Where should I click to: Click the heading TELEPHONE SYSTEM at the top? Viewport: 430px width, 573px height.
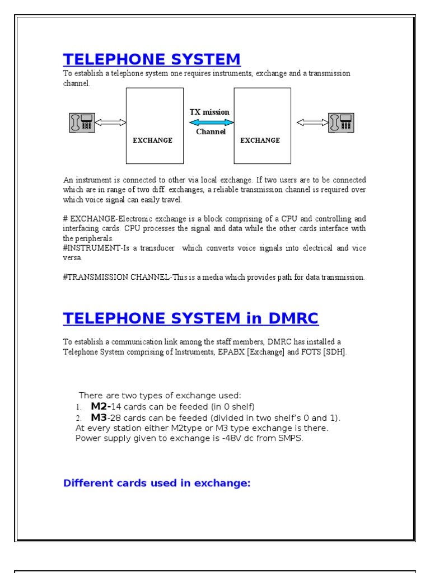152,59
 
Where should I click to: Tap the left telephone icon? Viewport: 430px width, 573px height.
82,123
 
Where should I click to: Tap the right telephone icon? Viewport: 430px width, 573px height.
342,123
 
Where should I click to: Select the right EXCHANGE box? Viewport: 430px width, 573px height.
262,125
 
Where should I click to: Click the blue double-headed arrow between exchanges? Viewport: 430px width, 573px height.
209,122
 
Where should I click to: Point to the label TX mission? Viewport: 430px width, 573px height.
209,112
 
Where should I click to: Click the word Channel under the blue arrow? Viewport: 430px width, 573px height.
211,132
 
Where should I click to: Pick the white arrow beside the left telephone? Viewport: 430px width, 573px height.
111,123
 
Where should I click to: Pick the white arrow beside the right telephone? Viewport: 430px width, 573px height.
312,123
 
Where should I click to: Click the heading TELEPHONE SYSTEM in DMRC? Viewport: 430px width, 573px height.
190,318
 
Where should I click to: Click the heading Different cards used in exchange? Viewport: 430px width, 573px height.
157,483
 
